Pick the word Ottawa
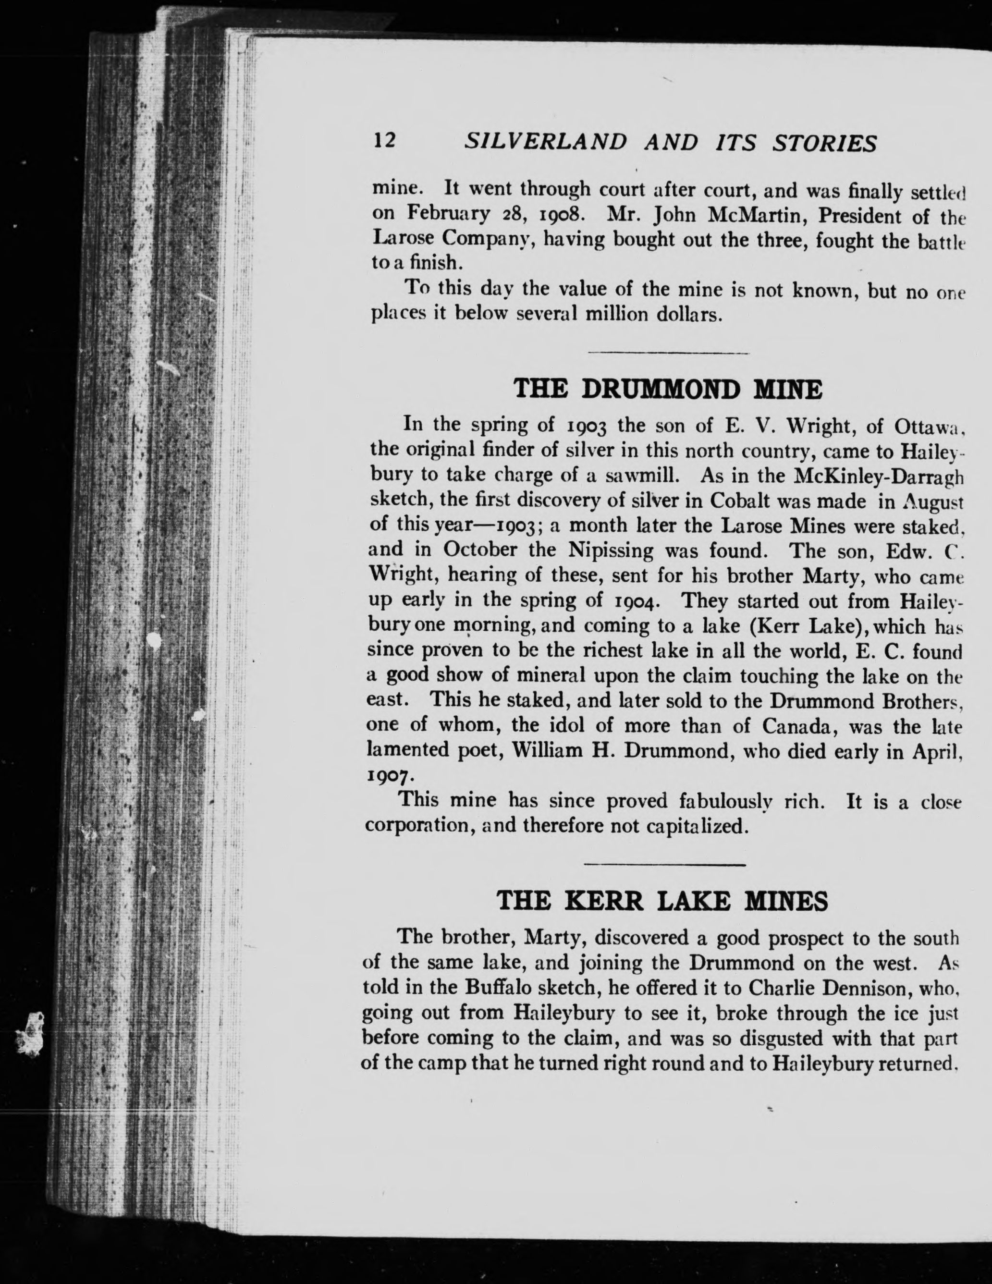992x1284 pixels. (926, 425)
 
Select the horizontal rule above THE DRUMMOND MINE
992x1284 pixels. (668, 353)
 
